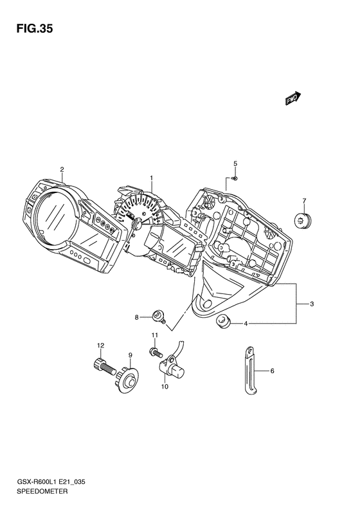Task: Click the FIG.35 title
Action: (35, 29)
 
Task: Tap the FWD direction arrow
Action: (293, 98)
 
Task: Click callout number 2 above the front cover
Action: (62, 169)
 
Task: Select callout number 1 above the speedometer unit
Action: (151, 178)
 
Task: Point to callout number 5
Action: (235, 163)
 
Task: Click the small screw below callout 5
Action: (235, 178)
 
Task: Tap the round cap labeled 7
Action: (303, 221)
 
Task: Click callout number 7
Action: (304, 201)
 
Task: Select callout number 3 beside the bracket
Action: (312, 304)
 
